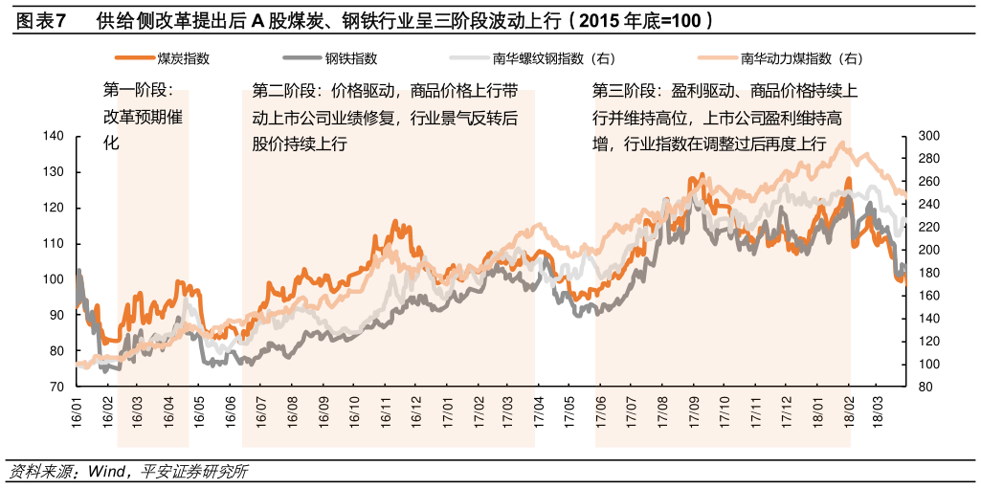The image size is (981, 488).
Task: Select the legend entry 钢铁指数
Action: (350, 58)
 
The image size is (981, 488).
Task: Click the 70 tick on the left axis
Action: (56, 387)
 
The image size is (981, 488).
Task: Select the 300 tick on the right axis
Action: (927, 136)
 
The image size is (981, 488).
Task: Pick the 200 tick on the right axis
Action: (927, 250)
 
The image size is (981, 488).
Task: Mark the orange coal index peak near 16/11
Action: (396, 222)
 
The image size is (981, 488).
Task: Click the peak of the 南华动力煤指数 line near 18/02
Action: (841, 144)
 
